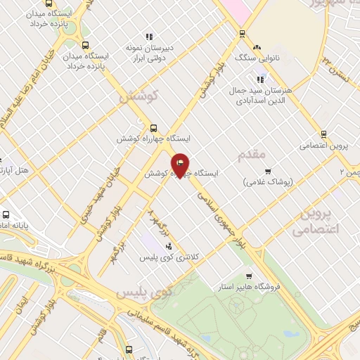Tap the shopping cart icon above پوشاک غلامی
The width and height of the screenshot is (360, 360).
(x=267, y=172)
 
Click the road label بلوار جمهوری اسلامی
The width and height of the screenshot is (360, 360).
(x=222, y=217)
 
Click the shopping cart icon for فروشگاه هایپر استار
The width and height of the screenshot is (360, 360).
(x=248, y=276)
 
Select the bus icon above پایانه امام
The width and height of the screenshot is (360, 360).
(x=5, y=215)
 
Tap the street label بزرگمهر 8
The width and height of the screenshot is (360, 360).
(x=158, y=221)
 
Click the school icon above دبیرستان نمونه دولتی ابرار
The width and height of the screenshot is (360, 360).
(x=148, y=37)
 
